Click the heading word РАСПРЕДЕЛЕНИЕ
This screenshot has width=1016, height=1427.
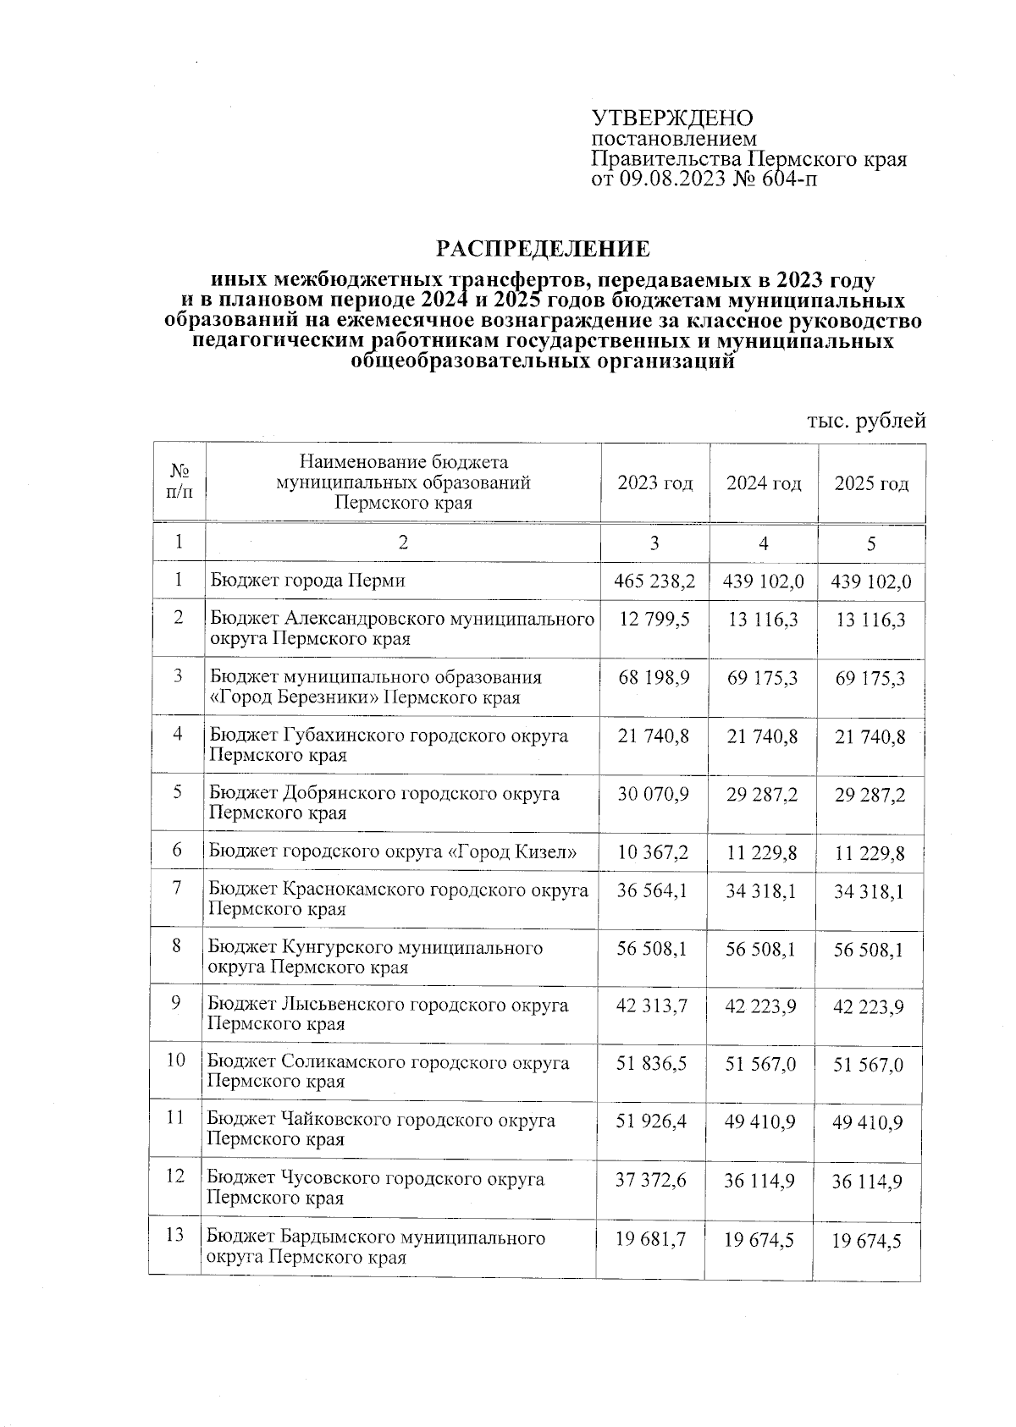pos(543,249)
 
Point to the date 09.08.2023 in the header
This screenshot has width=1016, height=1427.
pos(671,178)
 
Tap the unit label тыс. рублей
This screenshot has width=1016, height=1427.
pos(866,420)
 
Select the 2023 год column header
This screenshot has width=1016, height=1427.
pos(654,483)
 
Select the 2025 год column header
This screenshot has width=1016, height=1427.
pos(871,483)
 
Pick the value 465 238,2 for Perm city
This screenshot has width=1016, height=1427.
pos(654,581)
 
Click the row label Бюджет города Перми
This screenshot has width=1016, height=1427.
pos(307,581)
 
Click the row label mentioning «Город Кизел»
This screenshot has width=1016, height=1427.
pos(393,851)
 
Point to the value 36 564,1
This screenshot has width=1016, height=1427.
pos(653,890)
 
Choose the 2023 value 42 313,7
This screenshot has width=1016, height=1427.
pos(652,1006)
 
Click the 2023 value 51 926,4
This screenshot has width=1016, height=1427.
pos(652,1121)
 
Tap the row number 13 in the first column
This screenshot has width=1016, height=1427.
pos(174,1236)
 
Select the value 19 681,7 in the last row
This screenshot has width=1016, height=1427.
pos(650,1239)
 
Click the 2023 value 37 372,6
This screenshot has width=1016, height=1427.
pos(651,1180)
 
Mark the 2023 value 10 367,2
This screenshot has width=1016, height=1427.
pos(653,852)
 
